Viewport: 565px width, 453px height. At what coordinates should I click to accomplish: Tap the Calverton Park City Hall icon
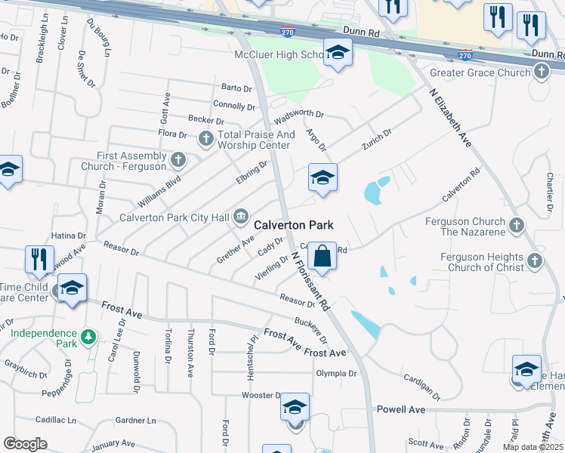tap(241, 217)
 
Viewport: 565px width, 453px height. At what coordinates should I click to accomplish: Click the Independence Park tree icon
tap(88, 334)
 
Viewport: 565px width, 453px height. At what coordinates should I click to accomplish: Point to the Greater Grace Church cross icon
tap(541, 72)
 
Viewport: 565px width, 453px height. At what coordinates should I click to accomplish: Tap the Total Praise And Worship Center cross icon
tap(205, 139)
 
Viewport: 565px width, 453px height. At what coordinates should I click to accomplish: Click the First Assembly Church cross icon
tap(178, 159)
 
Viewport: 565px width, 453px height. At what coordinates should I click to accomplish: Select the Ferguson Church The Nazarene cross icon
tap(517, 224)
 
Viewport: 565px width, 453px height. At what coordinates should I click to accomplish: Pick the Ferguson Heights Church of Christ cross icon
tap(534, 260)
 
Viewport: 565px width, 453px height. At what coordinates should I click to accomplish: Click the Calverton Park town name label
tap(294, 225)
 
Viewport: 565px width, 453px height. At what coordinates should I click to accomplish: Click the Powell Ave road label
tap(400, 409)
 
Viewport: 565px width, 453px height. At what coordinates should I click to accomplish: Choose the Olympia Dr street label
tap(336, 373)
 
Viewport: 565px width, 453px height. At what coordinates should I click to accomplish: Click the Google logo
tap(25, 444)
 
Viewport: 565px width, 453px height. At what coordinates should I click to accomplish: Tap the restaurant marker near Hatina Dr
tap(39, 259)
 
